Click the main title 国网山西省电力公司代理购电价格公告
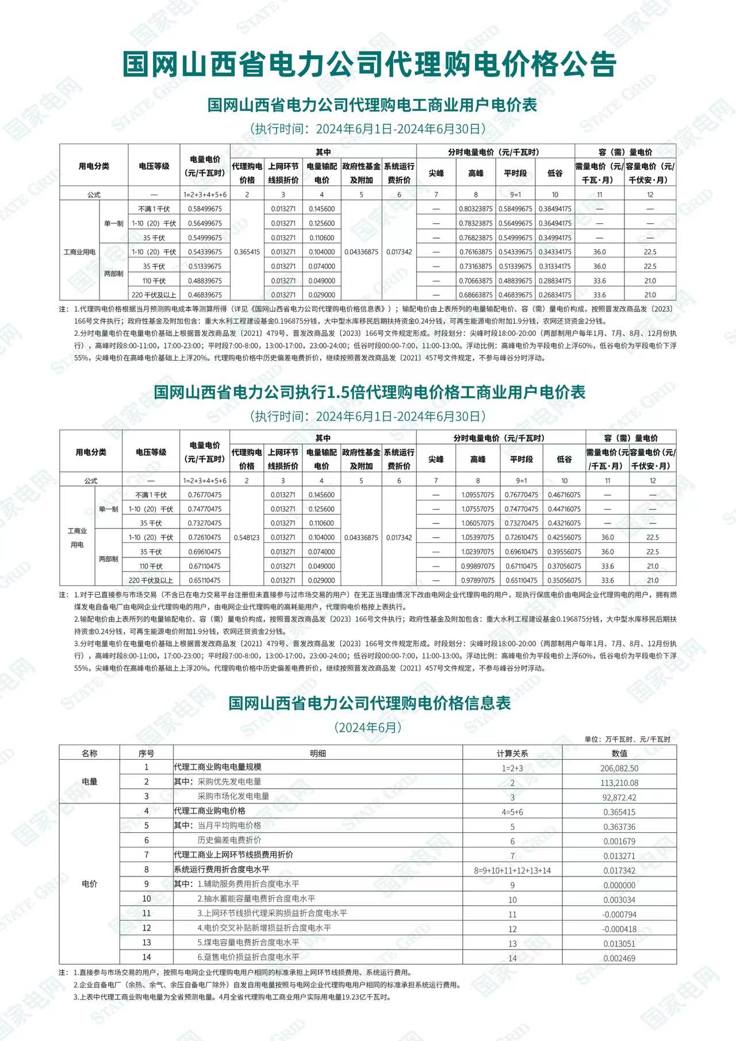369,63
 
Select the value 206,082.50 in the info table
619,768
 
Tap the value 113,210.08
619,783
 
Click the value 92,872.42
619,797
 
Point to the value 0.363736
619,826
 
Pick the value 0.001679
619,841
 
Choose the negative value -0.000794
619,914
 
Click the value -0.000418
619,929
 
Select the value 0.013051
619,944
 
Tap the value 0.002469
619,958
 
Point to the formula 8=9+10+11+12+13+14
512,871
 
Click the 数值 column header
619,753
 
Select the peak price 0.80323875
476,209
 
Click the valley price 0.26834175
555,295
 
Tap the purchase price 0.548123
247,538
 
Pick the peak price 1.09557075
478,495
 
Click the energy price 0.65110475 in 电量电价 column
204,580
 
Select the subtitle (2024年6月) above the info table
368,727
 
